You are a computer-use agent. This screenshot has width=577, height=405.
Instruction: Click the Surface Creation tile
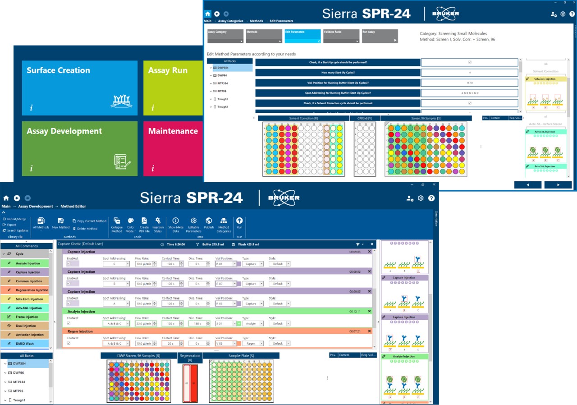tap(79, 88)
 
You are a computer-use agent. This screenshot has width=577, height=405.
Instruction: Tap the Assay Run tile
tap(174, 88)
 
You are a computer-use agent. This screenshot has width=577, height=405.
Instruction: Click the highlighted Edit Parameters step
tap(302, 36)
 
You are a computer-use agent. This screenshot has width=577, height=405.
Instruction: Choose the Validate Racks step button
tap(341, 36)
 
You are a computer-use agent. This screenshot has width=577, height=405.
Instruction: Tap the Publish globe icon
tap(209, 223)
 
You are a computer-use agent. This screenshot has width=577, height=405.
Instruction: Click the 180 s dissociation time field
tap(198, 323)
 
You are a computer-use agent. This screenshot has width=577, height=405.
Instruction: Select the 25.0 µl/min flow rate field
tap(144, 323)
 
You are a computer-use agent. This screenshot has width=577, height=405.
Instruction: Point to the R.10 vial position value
tap(470, 83)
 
